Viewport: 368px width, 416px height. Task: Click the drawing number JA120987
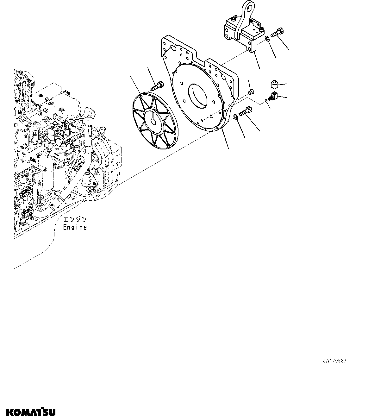[x=335, y=361]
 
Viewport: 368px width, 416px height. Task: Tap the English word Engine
[x=75, y=227]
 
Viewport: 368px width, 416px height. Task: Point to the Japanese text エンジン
[x=75, y=219]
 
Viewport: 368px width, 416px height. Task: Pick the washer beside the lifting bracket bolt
[x=267, y=39]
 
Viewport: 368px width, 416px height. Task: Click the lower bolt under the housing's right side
[x=245, y=111]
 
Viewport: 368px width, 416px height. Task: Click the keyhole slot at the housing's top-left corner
[x=172, y=48]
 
